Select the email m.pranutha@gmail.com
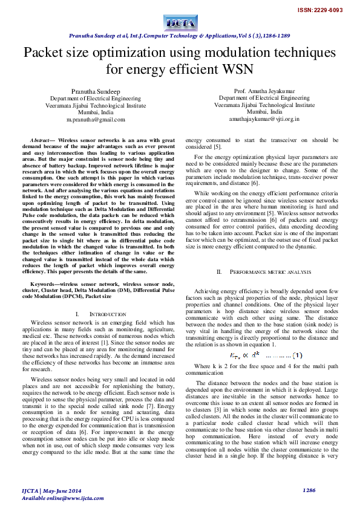tap(96, 120)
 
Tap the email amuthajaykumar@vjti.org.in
tap(264, 120)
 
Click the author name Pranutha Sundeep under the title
tap(96, 89)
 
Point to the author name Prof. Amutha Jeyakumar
tap(264, 89)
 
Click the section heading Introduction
tap(98, 315)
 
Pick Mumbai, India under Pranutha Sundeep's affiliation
tap(96, 112)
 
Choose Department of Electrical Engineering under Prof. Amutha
tap(264, 97)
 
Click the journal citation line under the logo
tap(180, 36)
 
